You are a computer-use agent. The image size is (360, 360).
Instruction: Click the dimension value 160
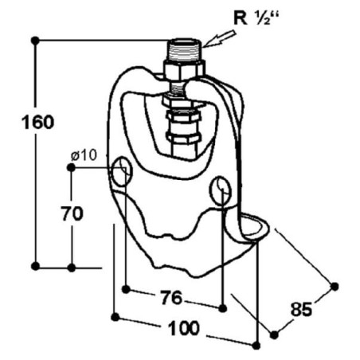coord(37,122)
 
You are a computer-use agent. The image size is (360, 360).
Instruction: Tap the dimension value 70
coord(72,213)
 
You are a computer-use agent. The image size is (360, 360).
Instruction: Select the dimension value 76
coord(172,297)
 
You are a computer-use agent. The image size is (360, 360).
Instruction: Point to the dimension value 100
coord(184,328)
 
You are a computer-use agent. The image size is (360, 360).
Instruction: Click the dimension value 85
coord(301,309)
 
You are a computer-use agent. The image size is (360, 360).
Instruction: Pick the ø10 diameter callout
coord(84,155)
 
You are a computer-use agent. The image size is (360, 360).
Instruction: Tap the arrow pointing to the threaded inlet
coord(219,39)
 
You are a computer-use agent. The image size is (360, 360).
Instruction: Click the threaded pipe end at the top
coord(186,50)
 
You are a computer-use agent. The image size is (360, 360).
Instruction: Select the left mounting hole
coord(122,171)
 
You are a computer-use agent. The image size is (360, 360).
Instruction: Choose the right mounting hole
coord(221,190)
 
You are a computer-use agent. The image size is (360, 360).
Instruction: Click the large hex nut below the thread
coord(185,70)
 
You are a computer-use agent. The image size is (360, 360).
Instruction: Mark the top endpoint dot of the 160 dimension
coord(35,41)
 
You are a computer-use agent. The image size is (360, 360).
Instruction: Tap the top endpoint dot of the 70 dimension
coord(71,167)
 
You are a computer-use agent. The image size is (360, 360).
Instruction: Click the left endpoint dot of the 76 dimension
coord(127,289)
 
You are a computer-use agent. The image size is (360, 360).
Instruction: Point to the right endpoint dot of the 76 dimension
coord(222,308)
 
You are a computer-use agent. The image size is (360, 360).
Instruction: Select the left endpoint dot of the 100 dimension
coord(115,317)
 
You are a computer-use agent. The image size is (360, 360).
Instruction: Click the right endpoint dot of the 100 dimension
coord(256,346)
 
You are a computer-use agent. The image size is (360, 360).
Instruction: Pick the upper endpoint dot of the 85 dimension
coord(335,286)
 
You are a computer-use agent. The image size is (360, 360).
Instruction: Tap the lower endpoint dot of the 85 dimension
coord(274,335)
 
